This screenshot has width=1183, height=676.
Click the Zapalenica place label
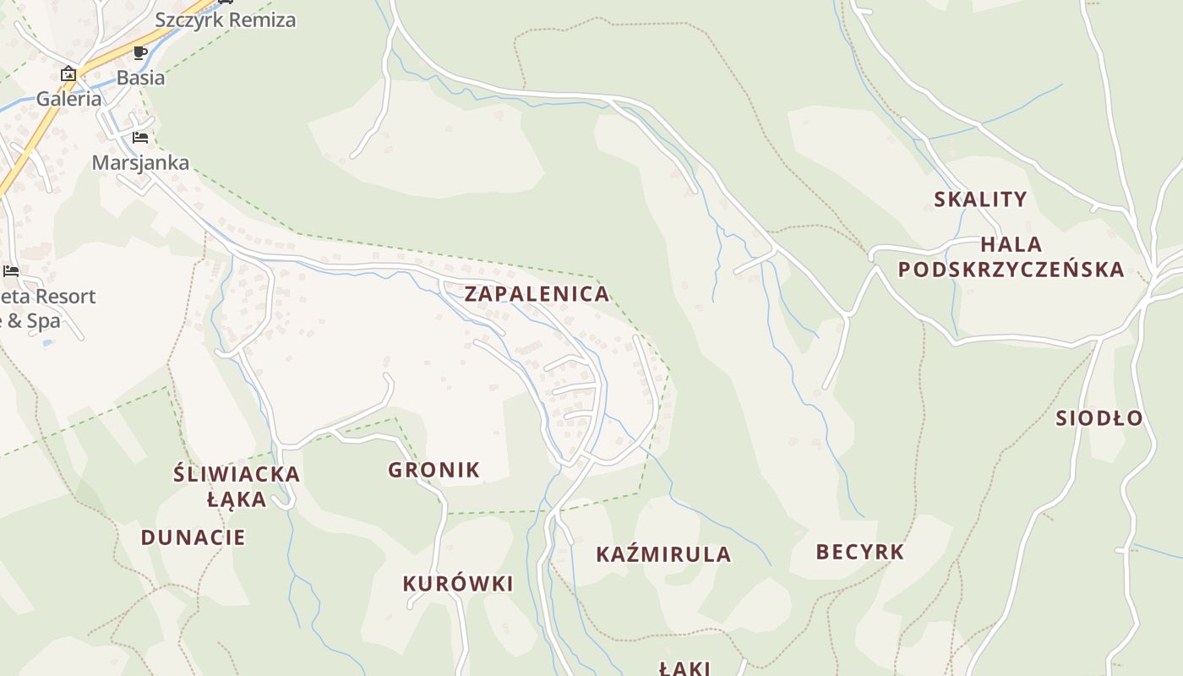click(537, 294)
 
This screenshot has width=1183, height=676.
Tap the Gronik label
click(433, 470)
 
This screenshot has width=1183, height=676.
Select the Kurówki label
click(458, 584)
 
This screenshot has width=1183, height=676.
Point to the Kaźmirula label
click(663, 554)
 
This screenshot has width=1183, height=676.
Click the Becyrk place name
click(859, 552)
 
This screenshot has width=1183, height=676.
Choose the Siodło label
click(1098, 417)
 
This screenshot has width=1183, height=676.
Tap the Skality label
click(980, 199)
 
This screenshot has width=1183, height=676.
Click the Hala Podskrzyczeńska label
click(1011, 257)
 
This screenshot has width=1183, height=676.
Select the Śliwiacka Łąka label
click(237, 486)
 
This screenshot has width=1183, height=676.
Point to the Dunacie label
click(193, 537)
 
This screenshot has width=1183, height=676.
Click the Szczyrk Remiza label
click(225, 19)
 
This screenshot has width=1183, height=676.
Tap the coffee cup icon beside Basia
click(140, 52)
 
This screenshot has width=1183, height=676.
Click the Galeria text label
click(68, 99)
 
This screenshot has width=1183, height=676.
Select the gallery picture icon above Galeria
click(68, 74)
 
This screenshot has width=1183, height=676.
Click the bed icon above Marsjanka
click(140, 138)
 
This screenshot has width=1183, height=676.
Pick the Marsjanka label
click(140, 162)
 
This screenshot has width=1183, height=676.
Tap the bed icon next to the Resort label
click(11, 271)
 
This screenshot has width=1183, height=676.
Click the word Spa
click(43, 321)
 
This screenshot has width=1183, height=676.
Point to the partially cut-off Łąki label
click(684, 668)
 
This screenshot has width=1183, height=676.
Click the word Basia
click(140, 78)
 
